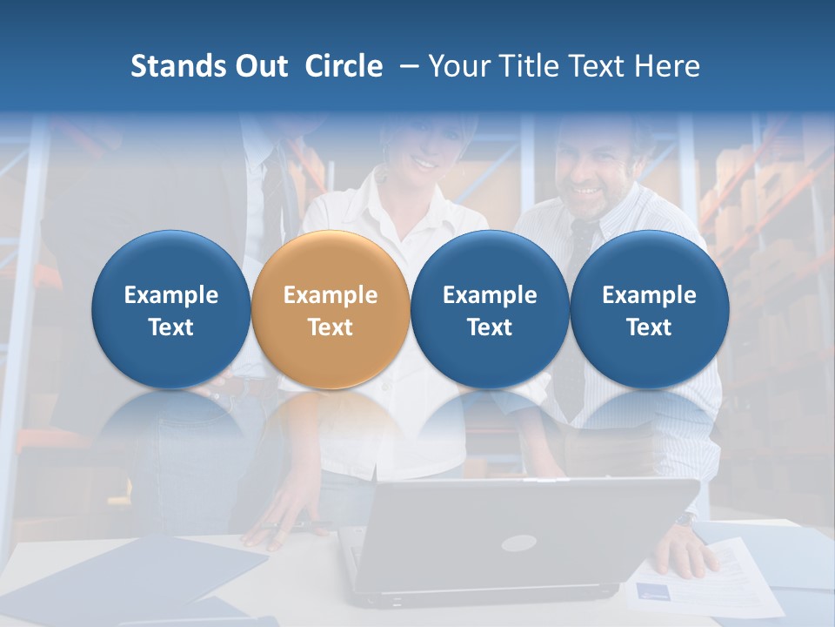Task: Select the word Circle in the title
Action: click(x=344, y=66)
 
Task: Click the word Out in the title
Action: click(x=259, y=66)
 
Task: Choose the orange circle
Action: click(x=331, y=309)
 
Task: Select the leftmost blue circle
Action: click(x=170, y=309)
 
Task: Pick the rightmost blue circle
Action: click(x=649, y=309)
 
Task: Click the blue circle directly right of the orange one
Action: click(x=490, y=309)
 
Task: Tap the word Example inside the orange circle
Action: click(x=331, y=295)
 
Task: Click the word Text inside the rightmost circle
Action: click(x=649, y=327)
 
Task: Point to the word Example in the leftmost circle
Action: click(x=170, y=295)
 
